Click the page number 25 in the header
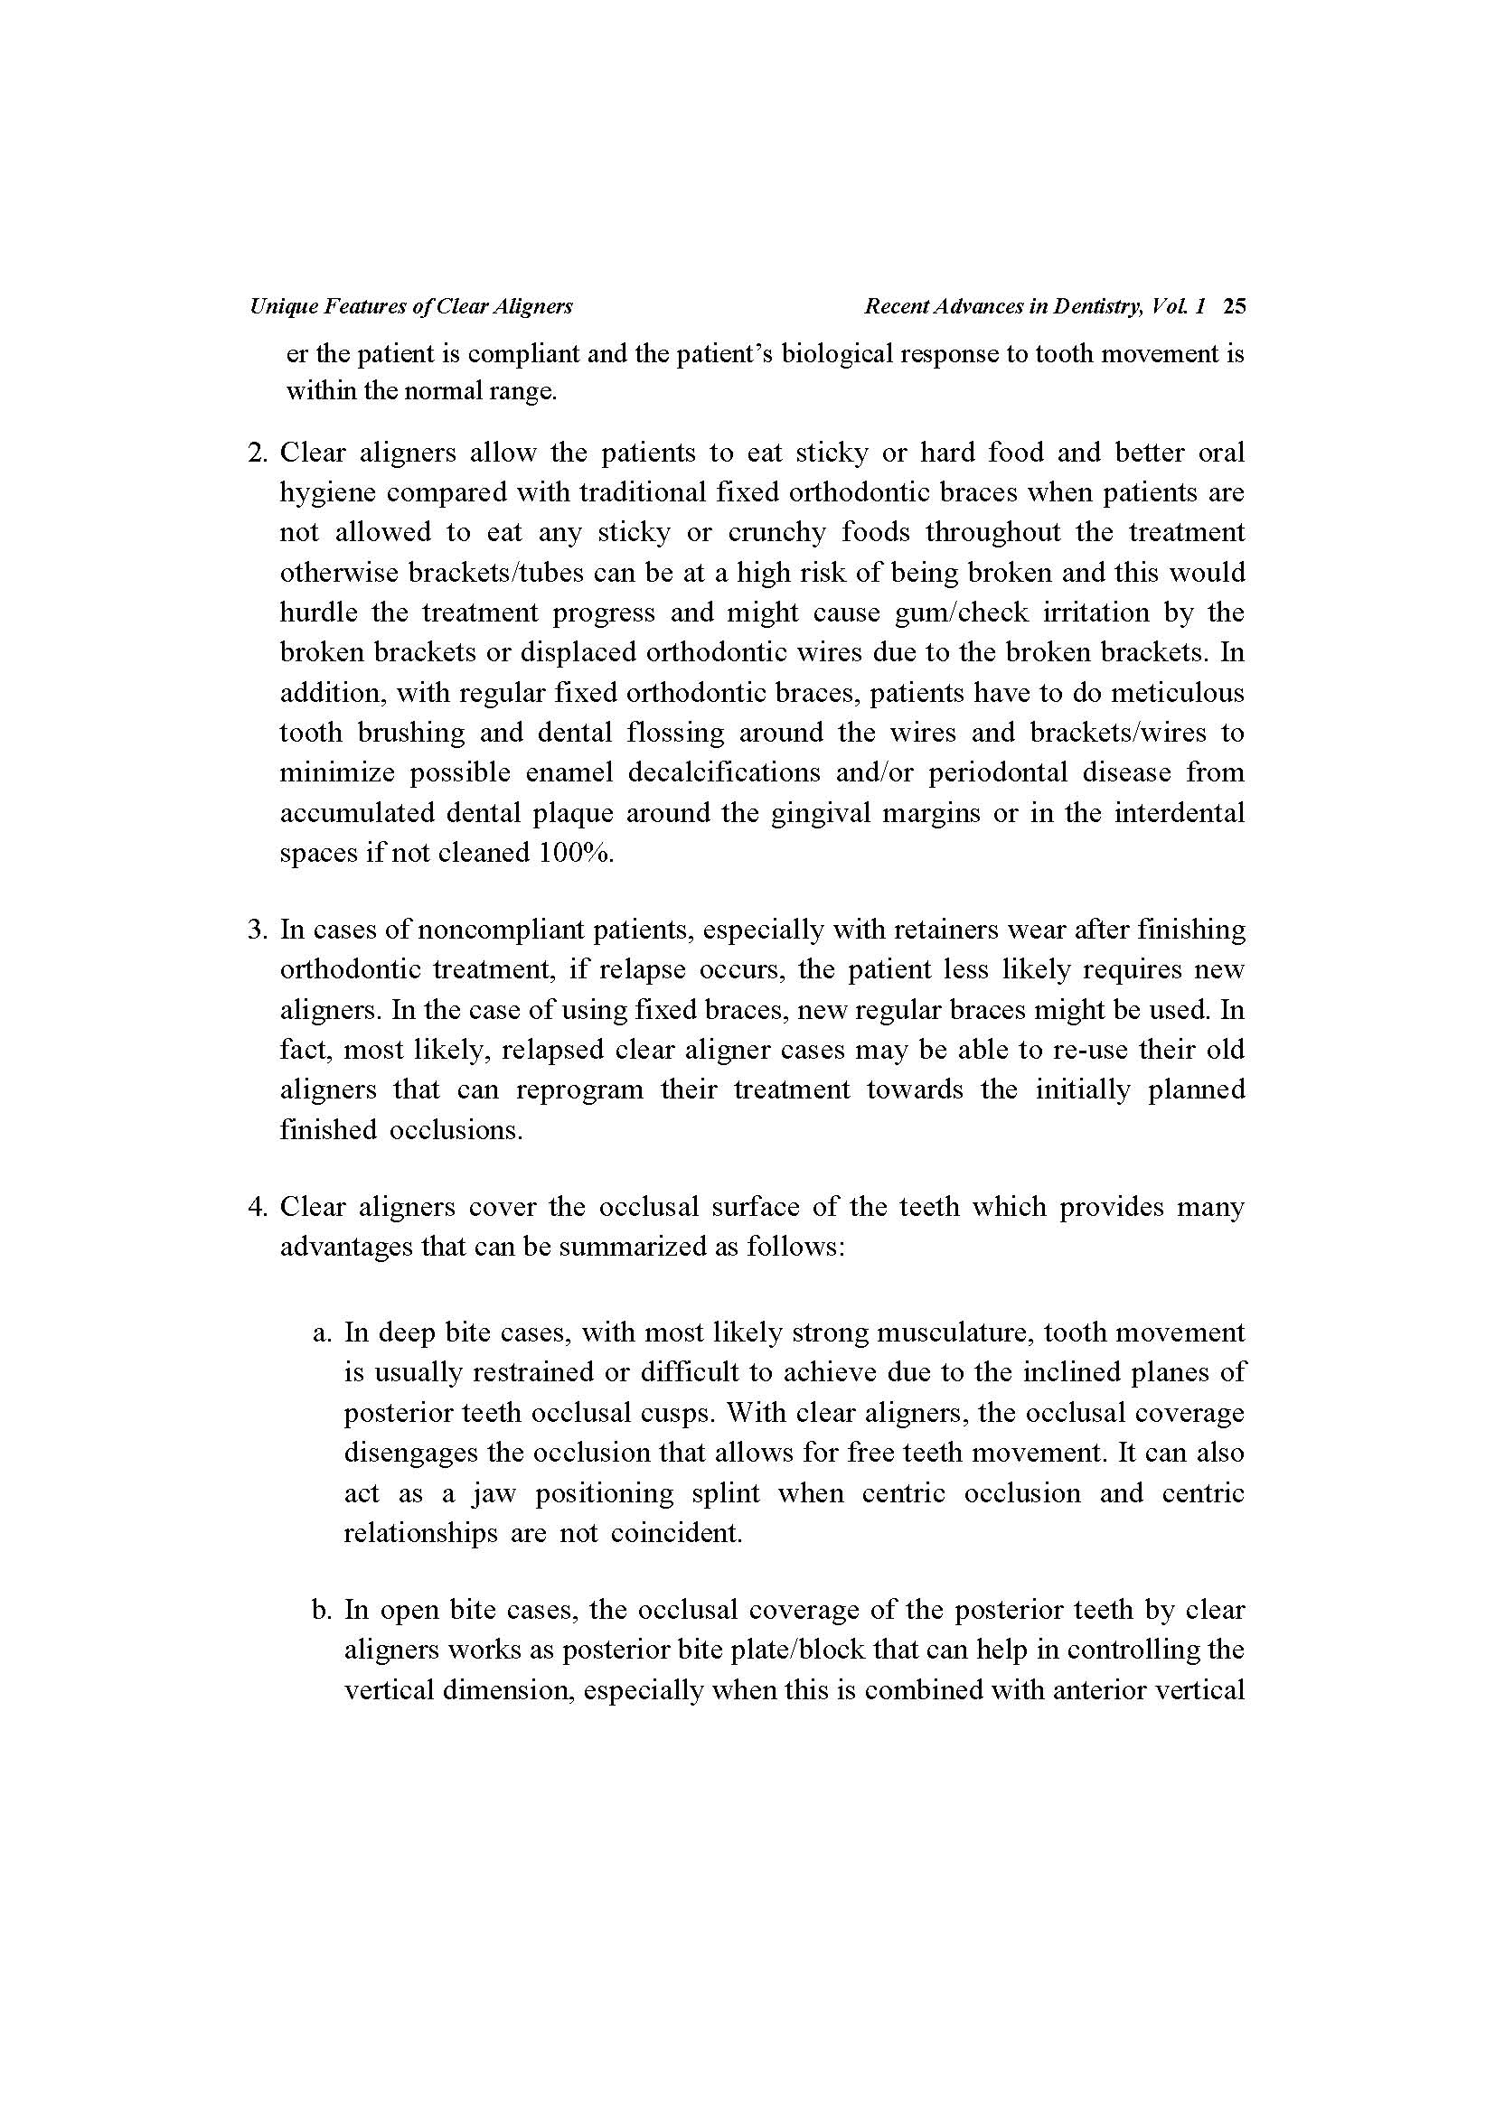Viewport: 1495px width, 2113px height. [1234, 306]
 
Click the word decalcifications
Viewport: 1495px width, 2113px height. [725, 772]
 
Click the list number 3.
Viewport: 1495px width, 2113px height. [258, 930]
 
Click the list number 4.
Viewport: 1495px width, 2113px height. [258, 1207]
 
